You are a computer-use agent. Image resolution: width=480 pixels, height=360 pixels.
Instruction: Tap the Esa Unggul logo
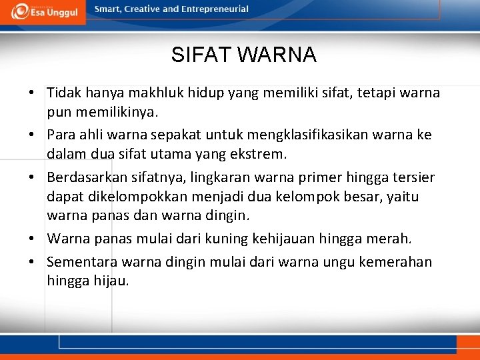click(x=44, y=11)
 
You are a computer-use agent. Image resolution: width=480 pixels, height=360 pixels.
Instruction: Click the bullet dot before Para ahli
click(x=32, y=135)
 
